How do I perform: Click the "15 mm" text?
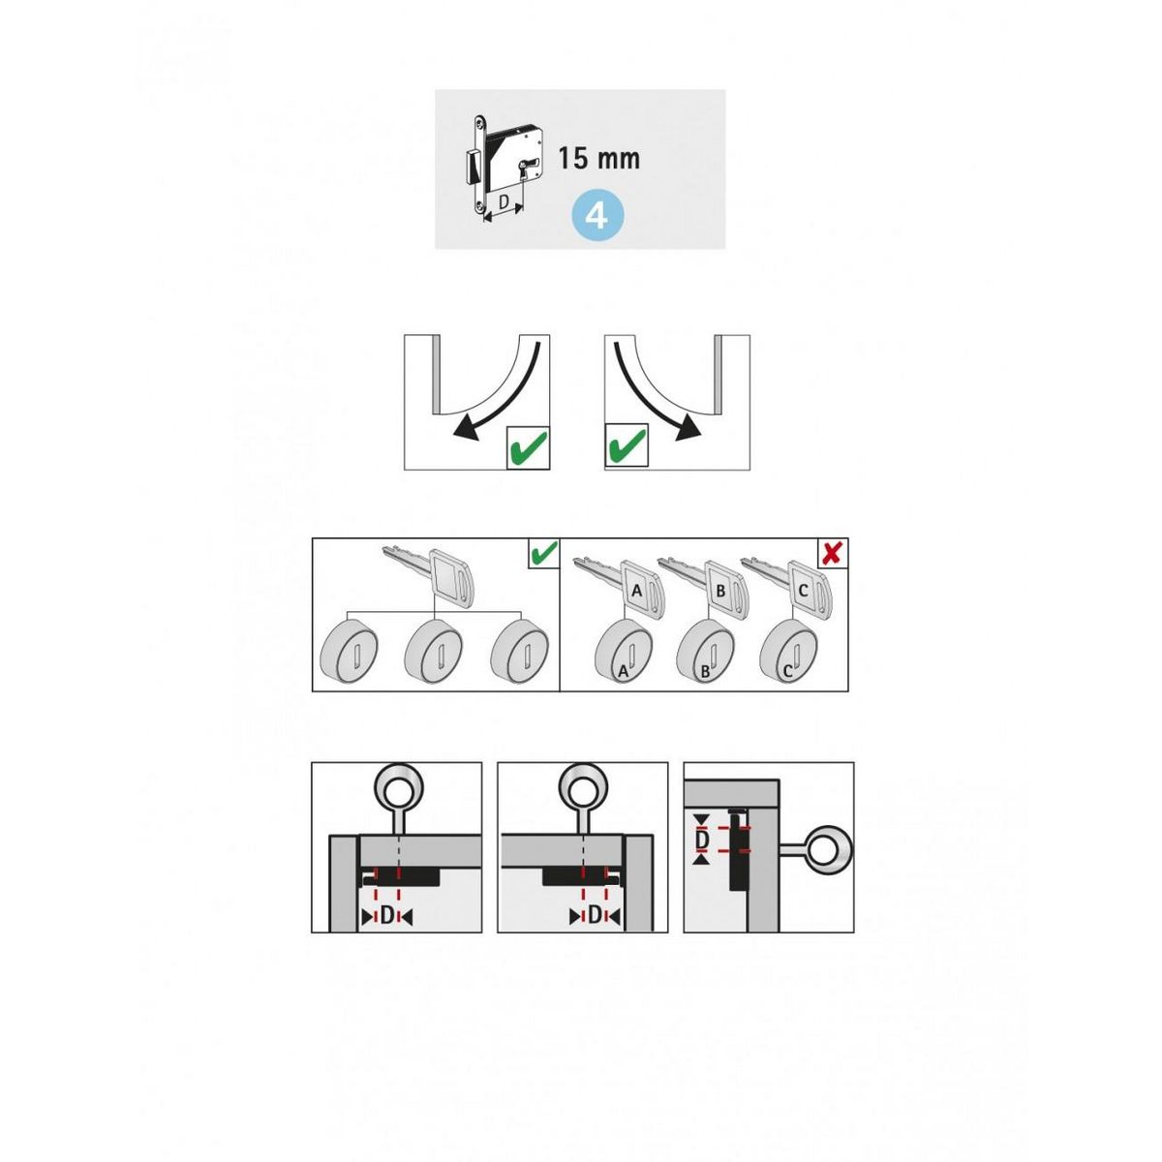click(598, 159)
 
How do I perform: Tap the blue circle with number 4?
click(597, 217)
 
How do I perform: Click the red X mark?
click(832, 553)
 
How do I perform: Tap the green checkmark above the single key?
click(542, 553)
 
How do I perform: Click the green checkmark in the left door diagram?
click(528, 447)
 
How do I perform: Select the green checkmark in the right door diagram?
click(627, 446)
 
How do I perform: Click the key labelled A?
click(620, 585)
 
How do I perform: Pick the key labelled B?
click(704, 585)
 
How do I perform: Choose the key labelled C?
click(787, 585)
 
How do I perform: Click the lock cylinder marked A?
click(622, 652)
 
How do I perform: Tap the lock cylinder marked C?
click(787, 652)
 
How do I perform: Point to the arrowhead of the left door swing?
click(465, 429)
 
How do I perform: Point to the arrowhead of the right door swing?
click(689, 429)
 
